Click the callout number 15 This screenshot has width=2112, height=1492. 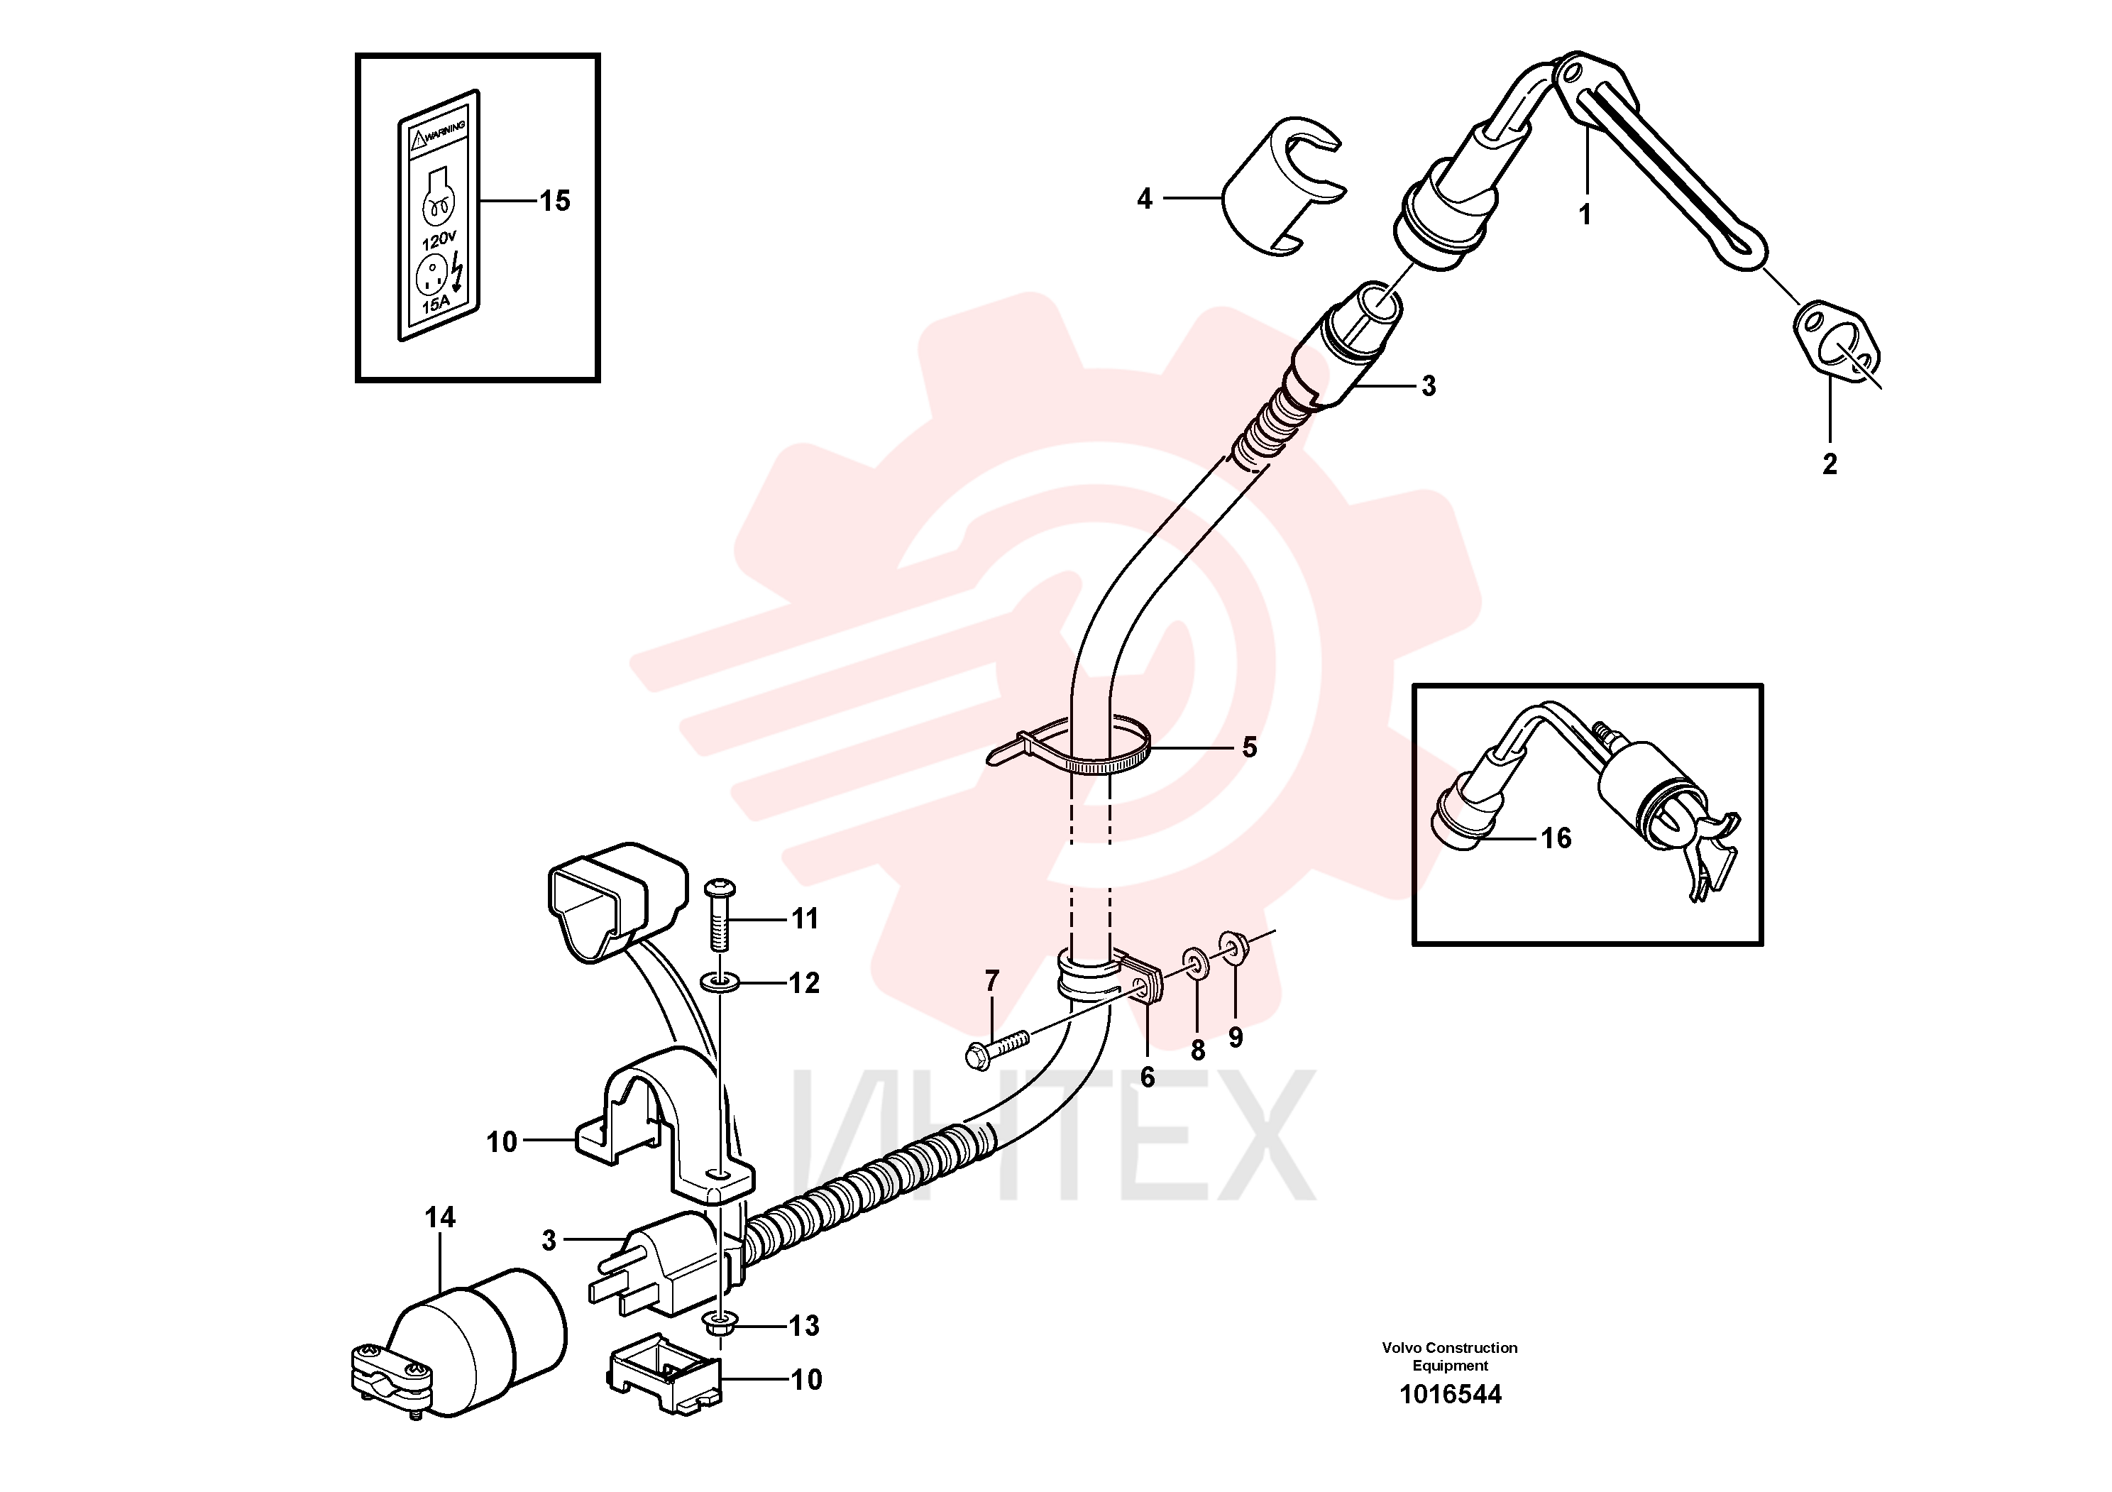[555, 201]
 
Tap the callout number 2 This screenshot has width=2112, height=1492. [1830, 463]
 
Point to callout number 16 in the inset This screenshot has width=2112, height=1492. [1556, 838]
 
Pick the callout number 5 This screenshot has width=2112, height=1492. [1249, 747]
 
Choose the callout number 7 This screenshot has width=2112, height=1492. [991, 982]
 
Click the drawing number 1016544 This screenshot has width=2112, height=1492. [1451, 1395]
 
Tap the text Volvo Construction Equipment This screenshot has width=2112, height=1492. [1450, 1356]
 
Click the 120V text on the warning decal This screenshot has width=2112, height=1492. [439, 240]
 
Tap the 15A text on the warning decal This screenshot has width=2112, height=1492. [435, 302]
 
